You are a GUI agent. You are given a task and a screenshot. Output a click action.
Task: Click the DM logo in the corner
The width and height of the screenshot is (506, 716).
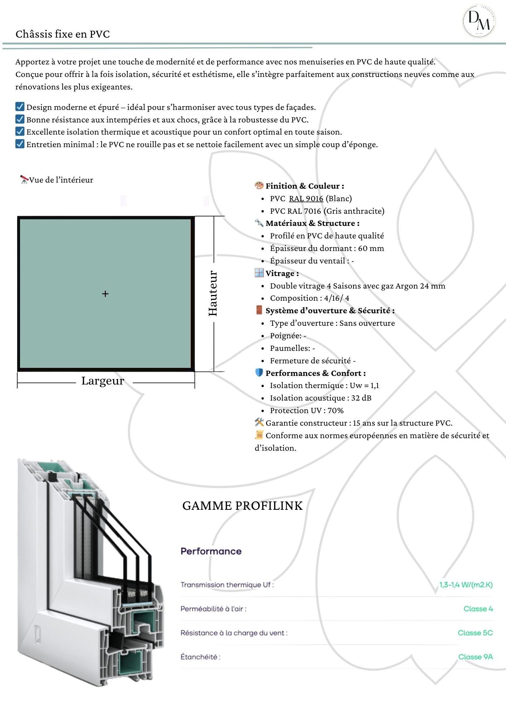click(479, 21)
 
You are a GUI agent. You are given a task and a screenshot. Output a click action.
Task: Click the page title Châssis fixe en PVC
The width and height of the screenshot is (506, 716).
click(63, 34)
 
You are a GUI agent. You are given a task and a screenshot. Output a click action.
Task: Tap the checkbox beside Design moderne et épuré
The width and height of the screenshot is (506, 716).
click(20, 107)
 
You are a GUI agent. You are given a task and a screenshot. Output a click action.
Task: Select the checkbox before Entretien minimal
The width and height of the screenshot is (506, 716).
click(20, 144)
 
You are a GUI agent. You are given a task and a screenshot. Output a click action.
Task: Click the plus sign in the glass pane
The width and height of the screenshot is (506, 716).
click(105, 294)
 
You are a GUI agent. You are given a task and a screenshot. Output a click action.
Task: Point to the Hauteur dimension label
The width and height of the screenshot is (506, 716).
click(213, 293)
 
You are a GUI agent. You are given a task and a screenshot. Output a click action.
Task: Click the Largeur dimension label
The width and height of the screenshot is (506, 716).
click(103, 381)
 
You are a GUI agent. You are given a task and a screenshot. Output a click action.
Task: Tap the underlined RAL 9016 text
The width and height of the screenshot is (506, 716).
click(306, 199)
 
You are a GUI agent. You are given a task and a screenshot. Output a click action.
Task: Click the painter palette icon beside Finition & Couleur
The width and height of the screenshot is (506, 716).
click(259, 185)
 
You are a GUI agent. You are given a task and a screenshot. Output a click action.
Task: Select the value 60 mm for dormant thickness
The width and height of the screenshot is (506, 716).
click(371, 248)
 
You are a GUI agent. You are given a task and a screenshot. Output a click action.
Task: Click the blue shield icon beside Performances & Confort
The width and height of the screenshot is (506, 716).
click(259, 373)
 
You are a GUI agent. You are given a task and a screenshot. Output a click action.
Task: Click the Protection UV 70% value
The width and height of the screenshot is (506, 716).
click(335, 411)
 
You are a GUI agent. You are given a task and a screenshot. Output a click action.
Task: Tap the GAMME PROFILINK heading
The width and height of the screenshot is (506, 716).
click(242, 506)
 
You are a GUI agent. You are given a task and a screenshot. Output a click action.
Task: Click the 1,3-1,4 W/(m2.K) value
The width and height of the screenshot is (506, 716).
click(466, 585)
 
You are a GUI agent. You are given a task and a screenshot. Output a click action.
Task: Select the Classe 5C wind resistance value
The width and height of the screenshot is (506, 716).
click(475, 633)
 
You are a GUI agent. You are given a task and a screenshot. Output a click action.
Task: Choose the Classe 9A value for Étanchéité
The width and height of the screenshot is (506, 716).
click(475, 657)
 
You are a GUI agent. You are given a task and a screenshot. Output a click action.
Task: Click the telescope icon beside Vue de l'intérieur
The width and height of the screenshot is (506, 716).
click(24, 179)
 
